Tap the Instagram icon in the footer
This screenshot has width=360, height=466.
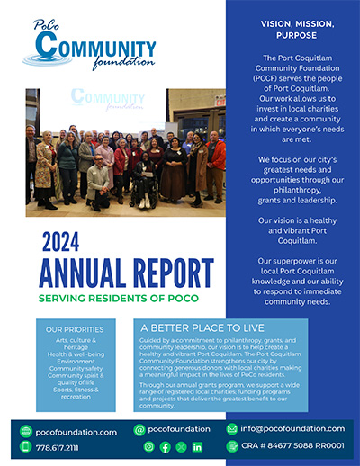149,447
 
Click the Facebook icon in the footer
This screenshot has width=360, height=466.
166,447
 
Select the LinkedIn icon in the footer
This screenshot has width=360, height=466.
197,447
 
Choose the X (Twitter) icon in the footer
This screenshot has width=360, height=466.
181,447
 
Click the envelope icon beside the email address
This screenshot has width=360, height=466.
232,428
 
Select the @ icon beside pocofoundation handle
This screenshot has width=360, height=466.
139,429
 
